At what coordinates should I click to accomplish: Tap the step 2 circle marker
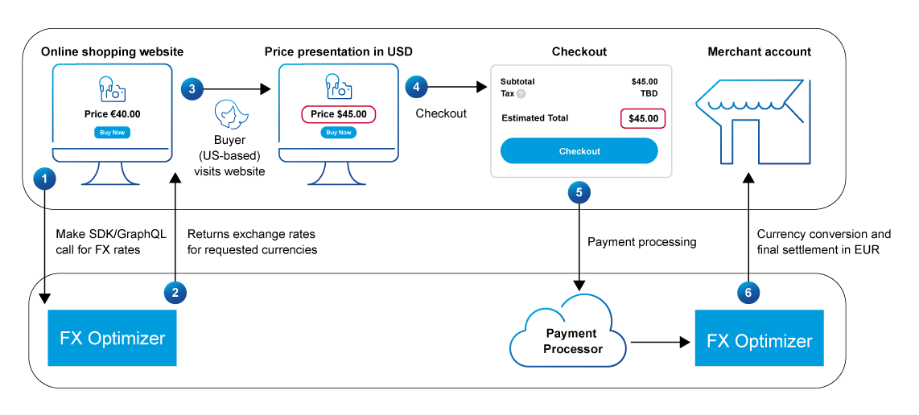(175, 293)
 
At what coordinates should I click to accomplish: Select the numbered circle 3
(192, 89)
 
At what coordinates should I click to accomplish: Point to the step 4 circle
(415, 86)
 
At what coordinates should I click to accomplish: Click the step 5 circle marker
(579, 192)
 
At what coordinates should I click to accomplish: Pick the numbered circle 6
(748, 293)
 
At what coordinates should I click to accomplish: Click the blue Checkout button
(579, 151)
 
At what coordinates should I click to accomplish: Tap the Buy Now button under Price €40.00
(112, 133)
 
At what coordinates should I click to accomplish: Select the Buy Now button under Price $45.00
(339, 133)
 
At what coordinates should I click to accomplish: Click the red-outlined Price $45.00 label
(339, 114)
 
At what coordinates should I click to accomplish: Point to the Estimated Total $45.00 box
(643, 118)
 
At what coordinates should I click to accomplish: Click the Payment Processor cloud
(572, 341)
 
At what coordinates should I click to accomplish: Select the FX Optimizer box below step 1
(112, 338)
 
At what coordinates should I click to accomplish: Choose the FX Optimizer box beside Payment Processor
(759, 341)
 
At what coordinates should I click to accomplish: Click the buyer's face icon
(229, 116)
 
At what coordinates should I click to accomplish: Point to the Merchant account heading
(759, 52)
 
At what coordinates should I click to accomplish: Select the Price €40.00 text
(112, 114)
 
